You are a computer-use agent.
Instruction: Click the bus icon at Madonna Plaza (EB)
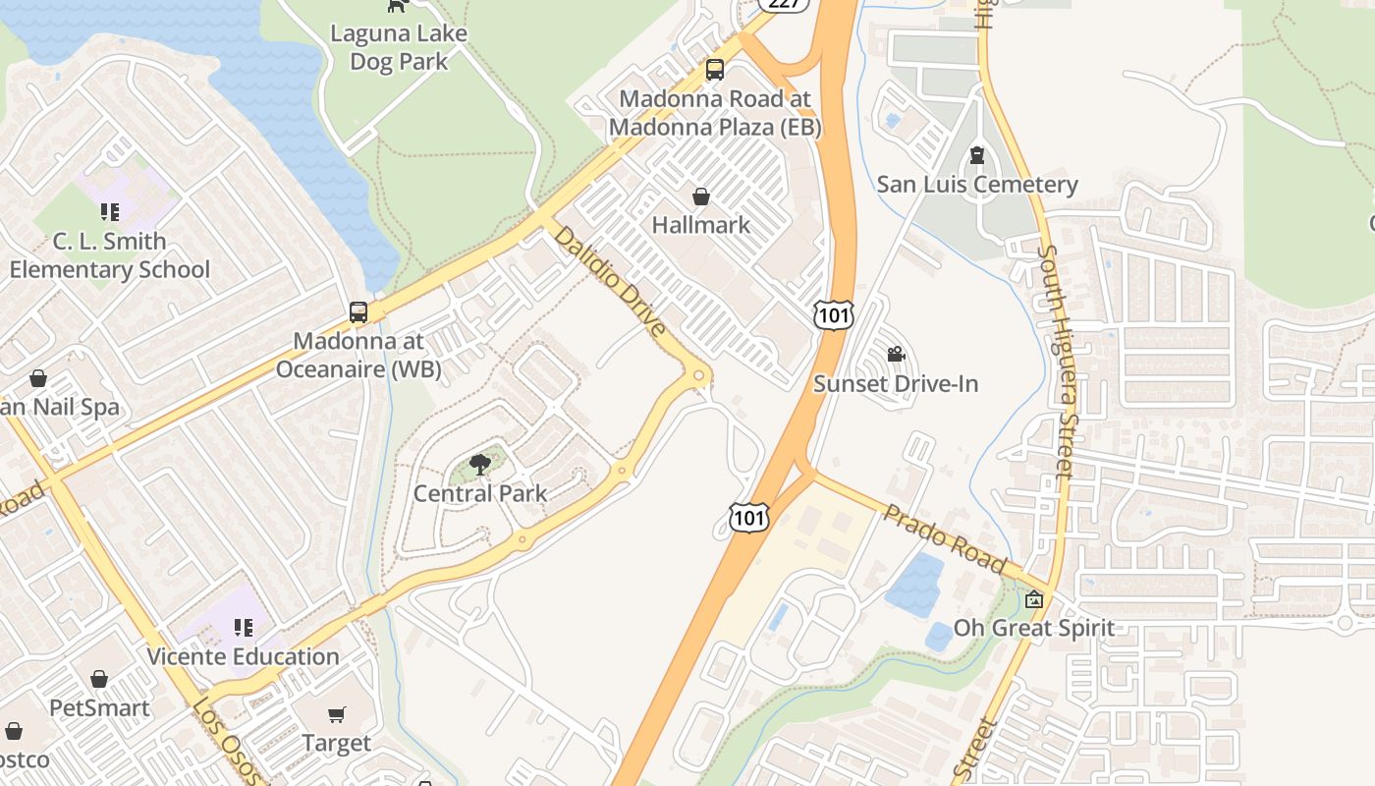click(715, 70)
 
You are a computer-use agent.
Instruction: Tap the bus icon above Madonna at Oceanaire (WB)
click(358, 312)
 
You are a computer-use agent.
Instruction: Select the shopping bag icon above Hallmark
click(701, 196)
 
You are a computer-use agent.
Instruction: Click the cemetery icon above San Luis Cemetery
click(976, 155)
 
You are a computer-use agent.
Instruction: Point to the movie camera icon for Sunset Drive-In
click(896, 355)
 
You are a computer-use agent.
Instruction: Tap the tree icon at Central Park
click(480, 465)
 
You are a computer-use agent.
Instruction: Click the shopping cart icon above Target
click(337, 714)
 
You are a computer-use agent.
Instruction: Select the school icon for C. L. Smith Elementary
click(109, 212)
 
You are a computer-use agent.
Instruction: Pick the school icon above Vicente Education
click(244, 628)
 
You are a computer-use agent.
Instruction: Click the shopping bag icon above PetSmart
click(99, 679)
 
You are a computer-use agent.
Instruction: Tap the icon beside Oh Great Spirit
click(1034, 599)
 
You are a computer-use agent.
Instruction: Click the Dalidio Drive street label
click(610, 281)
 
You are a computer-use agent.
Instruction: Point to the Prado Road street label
click(944, 538)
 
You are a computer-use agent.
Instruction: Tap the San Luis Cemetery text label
click(976, 185)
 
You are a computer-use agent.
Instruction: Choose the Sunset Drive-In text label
click(896, 384)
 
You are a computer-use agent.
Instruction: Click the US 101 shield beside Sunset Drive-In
click(833, 314)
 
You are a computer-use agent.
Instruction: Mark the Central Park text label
click(480, 493)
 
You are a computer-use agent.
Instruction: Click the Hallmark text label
click(701, 225)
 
